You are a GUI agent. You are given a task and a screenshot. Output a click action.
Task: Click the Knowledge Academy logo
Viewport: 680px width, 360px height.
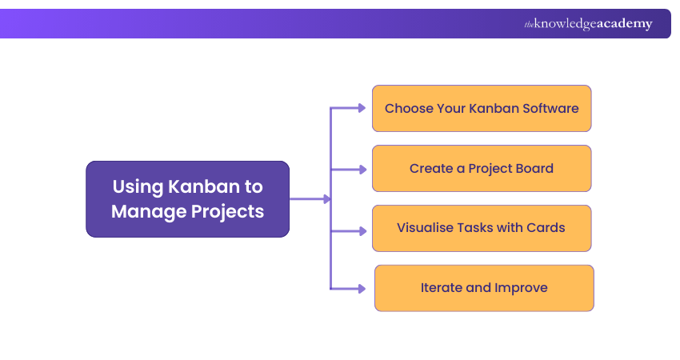coord(588,24)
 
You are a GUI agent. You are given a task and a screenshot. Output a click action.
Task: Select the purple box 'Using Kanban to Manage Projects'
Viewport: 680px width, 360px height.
coord(187,199)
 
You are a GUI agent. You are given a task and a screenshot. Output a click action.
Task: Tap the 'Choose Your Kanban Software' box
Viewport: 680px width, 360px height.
coord(482,108)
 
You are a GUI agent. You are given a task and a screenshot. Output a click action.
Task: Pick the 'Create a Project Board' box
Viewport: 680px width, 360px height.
coord(482,168)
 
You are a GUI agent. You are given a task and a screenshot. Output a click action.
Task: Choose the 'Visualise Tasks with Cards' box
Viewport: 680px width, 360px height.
coord(482,228)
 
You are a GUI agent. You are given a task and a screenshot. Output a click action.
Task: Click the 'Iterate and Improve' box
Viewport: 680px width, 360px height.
coord(484,288)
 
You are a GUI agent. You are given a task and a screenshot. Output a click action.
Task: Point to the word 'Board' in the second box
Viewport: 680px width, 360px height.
coord(534,168)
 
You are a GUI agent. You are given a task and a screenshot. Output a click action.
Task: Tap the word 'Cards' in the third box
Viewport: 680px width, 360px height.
coord(546,228)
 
